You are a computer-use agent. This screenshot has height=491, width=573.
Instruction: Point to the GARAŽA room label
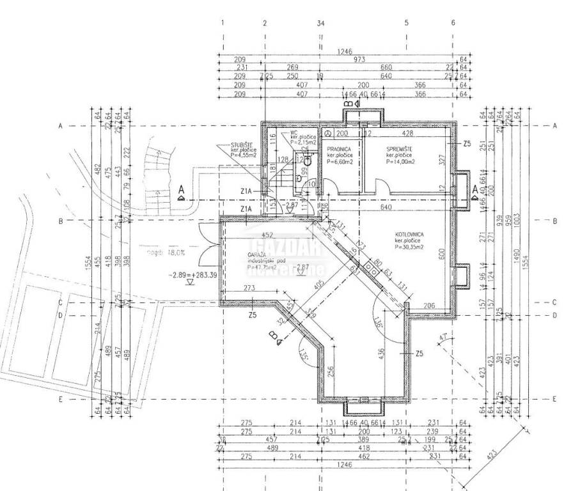click(x=258, y=255)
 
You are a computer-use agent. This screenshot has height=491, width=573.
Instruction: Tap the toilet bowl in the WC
click(x=308, y=160)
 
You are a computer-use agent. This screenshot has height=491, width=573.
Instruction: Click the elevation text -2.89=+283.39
click(x=191, y=275)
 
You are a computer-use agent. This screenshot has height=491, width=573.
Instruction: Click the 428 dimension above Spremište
click(x=407, y=134)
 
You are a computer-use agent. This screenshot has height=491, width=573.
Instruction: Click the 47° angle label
click(x=443, y=336)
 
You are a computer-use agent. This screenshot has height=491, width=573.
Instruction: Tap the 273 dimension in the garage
click(x=249, y=289)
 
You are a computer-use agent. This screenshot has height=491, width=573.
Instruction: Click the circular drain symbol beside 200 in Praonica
click(x=327, y=134)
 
